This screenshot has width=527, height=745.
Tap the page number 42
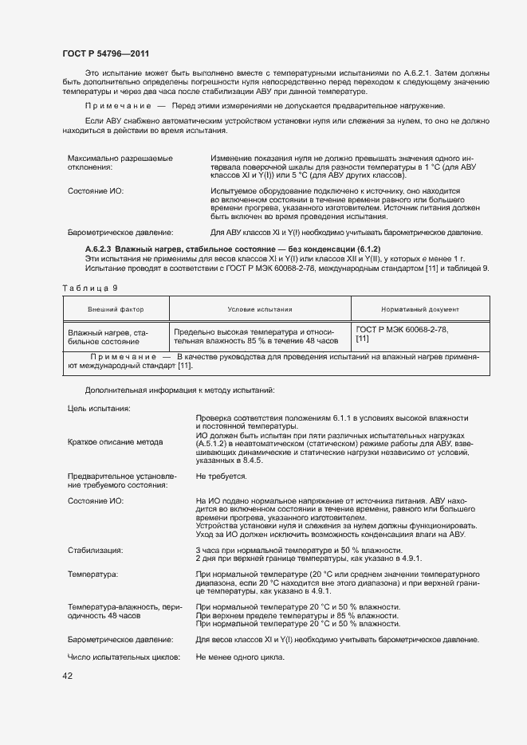click(67, 676)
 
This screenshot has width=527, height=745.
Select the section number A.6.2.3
click(99, 250)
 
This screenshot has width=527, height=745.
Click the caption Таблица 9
click(89, 287)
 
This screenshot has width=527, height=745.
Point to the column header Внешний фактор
click(116, 309)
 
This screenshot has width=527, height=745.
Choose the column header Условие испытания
click(260, 309)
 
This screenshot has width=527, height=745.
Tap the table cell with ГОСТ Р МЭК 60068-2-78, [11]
click(402, 334)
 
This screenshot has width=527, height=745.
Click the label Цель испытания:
click(100, 408)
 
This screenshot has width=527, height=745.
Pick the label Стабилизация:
click(95, 550)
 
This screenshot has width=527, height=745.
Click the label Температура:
click(93, 574)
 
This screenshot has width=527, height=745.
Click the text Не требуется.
click(221, 476)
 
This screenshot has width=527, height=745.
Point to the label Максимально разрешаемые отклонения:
click(120, 163)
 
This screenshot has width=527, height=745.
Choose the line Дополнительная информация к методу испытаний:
click(179, 390)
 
